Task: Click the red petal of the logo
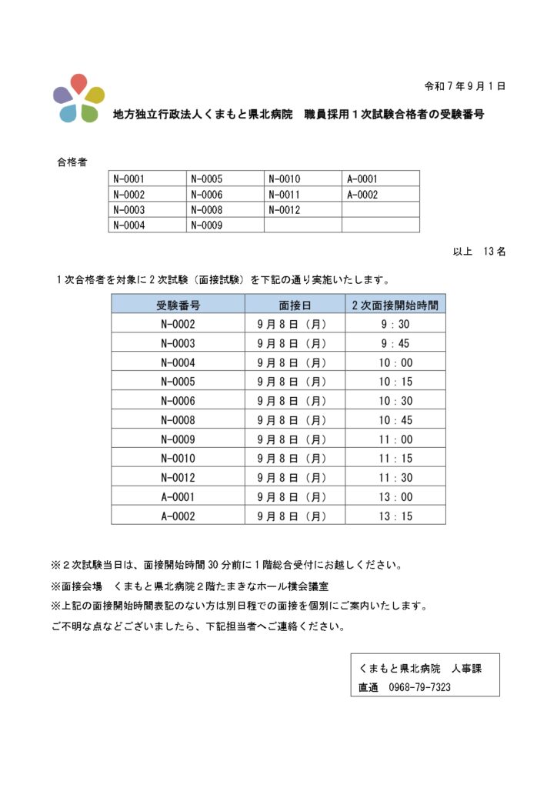tap(78, 83)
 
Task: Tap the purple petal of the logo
tap(62, 95)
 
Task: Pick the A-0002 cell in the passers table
tap(362, 195)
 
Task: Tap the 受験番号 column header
tap(178, 304)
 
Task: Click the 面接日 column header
tap(295, 304)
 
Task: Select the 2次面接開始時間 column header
tap(395, 304)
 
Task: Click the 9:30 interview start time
tap(395, 324)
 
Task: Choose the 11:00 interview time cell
tap(395, 439)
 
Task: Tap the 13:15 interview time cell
tap(395, 516)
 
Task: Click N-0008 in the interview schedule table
tap(178, 420)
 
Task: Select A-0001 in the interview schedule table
tap(178, 497)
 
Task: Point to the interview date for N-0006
tap(295, 401)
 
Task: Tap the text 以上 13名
tap(479, 252)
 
